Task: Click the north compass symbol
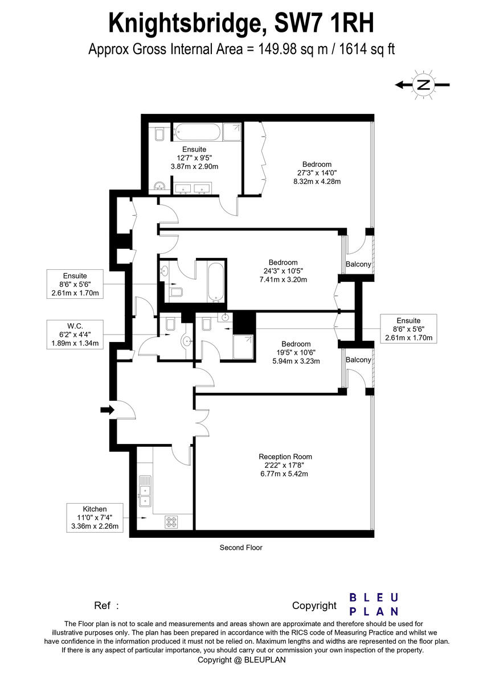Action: [x=423, y=85]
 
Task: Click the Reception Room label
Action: [x=285, y=456]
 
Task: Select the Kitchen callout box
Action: [x=95, y=517]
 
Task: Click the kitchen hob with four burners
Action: [x=171, y=520]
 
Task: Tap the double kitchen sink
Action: [x=145, y=491]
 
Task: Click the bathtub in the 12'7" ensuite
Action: [x=197, y=133]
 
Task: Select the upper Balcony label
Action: [x=359, y=264]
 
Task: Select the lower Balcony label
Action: [x=359, y=360]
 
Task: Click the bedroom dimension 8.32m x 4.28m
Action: [x=317, y=182]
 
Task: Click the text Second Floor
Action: [x=241, y=548]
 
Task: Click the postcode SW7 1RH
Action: [x=325, y=24]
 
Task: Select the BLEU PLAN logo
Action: [x=374, y=604]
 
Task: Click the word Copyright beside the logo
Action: [x=314, y=606]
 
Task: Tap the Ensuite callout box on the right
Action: [x=409, y=328]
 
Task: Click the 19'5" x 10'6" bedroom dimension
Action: [x=296, y=352]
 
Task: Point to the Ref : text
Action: [x=107, y=606]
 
